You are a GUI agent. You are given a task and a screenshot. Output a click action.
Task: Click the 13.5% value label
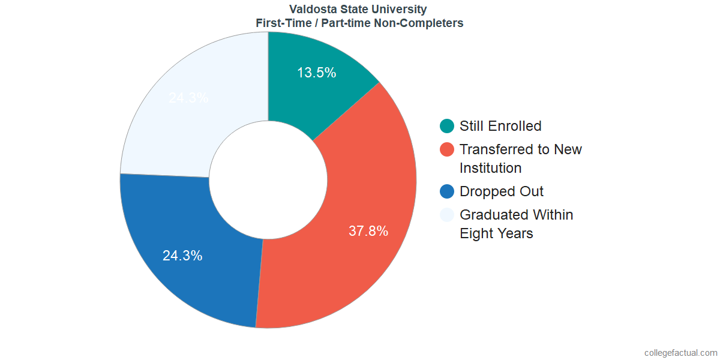(316, 73)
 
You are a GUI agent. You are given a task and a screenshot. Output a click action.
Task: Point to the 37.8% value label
(368, 231)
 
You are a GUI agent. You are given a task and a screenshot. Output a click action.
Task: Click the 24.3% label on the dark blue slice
(182, 256)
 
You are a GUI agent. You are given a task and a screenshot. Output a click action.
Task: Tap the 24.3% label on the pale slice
(188, 98)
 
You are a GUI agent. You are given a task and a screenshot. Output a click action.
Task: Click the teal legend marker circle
(447, 126)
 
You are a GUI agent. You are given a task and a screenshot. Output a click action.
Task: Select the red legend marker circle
(447, 149)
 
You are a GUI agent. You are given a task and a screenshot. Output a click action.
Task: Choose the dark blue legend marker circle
(447, 191)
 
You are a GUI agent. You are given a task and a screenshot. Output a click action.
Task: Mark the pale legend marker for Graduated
(447, 215)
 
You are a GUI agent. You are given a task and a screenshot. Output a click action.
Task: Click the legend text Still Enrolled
(500, 126)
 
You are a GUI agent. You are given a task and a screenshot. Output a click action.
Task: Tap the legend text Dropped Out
(502, 191)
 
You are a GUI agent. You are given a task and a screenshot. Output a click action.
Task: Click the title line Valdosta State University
(358, 9)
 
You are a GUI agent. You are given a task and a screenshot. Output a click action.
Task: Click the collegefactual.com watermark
(680, 353)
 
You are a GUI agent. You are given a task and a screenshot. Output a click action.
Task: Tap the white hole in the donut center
(268, 180)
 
